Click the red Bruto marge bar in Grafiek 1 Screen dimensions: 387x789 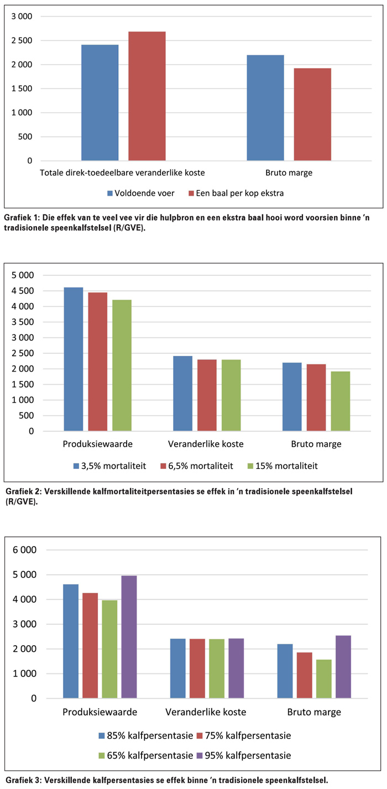pyautogui.click(x=312, y=114)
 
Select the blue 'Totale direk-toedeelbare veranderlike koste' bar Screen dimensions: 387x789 pyautogui.click(x=100, y=103)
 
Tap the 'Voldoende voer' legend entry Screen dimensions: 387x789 pyautogui.click(x=141, y=193)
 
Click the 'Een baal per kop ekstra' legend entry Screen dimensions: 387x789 pyautogui.click(x=236, y=193)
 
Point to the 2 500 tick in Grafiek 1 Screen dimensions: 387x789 pyautogui.click(x=22, y=40)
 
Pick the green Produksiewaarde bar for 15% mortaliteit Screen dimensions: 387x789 pyautogui.click(x=122, y=365)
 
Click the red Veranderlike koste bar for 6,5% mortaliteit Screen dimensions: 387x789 pyautogui.click(x=207, y=395)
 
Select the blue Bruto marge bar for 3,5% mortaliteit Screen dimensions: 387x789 pyautogui.click(x=292, y=396)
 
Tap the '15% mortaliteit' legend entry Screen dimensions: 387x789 pyautogui.click(x=283, y=466)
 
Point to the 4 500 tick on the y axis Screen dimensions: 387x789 pyautogui.click(x=23, y=291)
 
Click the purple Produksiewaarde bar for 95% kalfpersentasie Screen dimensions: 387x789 pyautogui.click(x=129, y=637)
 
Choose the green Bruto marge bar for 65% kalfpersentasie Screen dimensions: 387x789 pyautogui.click(x=324, y=679)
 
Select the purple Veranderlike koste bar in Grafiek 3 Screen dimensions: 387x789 pyautogui.click(x=236, y=668)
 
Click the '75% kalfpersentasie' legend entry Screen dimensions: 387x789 pyautogui.click(x=244, y=735)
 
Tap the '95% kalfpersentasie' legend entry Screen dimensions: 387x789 pyautogui.click(x=244, y=755)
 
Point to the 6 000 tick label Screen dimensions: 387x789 pyautogui.click(x=25, y=550)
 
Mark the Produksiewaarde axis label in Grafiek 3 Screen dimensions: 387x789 pyautogui.click(x=100, y=712)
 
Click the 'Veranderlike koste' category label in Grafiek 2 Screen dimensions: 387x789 pyautogui.click(x=206, y=444)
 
